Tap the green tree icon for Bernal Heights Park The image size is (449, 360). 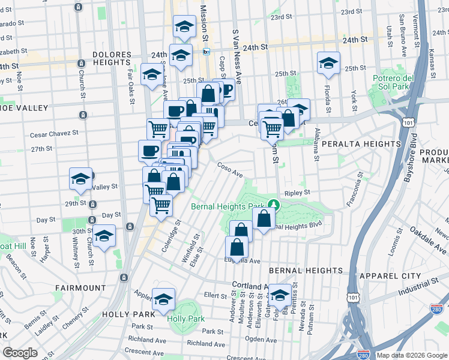(x=274, y=204)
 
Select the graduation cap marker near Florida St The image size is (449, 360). (x=328, y=63)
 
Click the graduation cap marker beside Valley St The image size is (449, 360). (x=80, y=178)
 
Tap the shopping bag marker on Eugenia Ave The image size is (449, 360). (x=237, y=247)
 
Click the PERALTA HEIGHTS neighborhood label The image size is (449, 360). (x=361, y=144)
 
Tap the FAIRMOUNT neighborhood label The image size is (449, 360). (x=80, y=288)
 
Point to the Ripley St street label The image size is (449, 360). (x=297, y=193)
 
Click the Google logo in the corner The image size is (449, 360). (x=20, y=353)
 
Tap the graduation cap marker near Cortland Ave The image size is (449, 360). (x=280, y=295)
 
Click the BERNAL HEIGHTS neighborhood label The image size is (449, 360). (x=306, y=271)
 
